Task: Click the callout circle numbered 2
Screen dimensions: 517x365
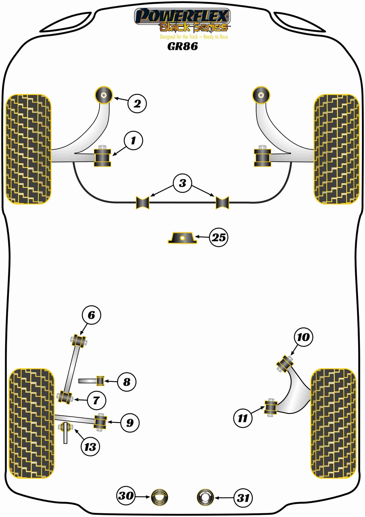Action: coord(137,104)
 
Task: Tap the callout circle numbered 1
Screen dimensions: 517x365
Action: coord(133,140)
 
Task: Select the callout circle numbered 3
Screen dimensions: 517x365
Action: coord(183,183)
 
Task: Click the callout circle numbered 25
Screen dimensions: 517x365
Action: coord(218,237)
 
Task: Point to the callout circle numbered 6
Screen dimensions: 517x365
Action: coord(91,315)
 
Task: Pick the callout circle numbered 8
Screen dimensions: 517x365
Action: coord(127,382)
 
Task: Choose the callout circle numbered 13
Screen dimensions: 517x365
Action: coord(90,447)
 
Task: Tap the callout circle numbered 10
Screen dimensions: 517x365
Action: coord(303,337)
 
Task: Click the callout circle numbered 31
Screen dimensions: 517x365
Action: coord(243,498)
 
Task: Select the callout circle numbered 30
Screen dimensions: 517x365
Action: coord(126,495)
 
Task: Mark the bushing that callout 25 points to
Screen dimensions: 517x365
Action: coord(182,238)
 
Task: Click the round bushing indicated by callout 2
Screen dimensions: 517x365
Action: coord(104,95)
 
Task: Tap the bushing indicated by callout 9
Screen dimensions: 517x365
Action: coord(100,422)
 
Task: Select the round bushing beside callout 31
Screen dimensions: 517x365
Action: coord(205,497)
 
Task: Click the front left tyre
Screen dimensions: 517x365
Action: coord(28,149)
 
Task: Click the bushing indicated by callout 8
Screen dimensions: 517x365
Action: coord(101,381)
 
